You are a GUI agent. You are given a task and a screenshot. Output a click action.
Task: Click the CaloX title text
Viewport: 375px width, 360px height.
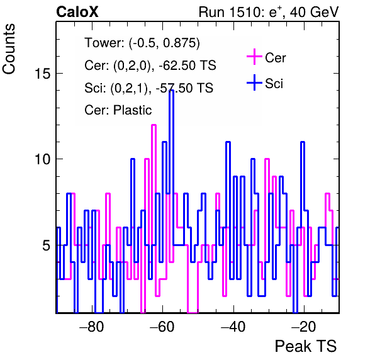point(77,12)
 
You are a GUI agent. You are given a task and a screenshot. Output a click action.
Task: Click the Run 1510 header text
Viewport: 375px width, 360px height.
point(269,12)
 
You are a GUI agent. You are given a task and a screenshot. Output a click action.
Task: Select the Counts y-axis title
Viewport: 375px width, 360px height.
point(9,49)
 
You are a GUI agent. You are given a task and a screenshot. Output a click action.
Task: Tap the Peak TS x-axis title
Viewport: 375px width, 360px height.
point(306,346)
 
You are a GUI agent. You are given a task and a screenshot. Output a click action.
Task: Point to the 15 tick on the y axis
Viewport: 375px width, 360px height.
point(43,73)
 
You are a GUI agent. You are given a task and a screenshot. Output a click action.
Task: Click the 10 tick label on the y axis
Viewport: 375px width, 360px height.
point(43,159)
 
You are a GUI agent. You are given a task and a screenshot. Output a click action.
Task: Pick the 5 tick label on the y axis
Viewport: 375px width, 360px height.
point(47,245)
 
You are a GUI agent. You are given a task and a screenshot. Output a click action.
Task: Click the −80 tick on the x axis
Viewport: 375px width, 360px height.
point(92,327)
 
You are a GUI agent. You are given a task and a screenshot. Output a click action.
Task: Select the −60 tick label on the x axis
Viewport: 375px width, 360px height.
point(162,327)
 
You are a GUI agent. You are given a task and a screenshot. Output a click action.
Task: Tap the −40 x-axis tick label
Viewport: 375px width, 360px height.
point(233,327)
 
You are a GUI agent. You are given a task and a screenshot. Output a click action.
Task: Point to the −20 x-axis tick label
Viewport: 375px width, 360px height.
point(304,327)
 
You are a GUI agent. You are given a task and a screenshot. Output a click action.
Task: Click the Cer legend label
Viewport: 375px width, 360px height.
point(275,58)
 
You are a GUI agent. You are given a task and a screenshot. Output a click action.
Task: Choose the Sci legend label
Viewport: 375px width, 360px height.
point(274,84)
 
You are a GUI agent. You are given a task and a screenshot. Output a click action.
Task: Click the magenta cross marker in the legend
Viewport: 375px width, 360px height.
point(254,57)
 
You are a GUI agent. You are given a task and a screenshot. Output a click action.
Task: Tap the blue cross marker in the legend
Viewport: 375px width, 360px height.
point(254,82)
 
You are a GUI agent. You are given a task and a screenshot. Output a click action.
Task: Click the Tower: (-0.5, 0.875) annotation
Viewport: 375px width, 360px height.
point(142,43)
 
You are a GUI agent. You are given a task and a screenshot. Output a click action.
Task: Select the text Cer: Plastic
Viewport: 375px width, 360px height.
point(118,110)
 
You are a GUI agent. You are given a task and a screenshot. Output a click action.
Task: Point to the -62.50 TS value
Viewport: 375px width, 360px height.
point(187,65)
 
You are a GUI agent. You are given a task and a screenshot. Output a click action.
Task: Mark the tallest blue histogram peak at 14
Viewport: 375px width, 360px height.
point(171,91)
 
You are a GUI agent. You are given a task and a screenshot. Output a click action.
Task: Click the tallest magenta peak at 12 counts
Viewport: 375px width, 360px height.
point(154,125)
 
